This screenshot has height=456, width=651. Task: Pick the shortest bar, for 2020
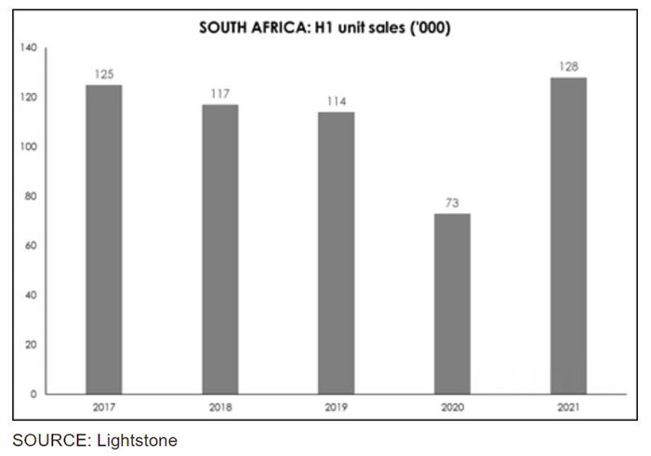[452, 303]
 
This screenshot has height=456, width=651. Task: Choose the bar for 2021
[567, 235]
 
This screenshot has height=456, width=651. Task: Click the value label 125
[103, 74]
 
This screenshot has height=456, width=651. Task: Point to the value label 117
[219, 94]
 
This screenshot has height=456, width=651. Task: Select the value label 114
[336, 101]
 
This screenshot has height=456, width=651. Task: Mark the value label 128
[567, 67]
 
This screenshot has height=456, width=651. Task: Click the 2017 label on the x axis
[103, 408]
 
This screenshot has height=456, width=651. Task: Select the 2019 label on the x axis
[336, 408]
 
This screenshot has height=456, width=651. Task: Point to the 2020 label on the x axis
[452, 408]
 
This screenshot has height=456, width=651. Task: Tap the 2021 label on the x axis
[567, 408]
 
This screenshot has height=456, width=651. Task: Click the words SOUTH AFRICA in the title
[245, 27]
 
